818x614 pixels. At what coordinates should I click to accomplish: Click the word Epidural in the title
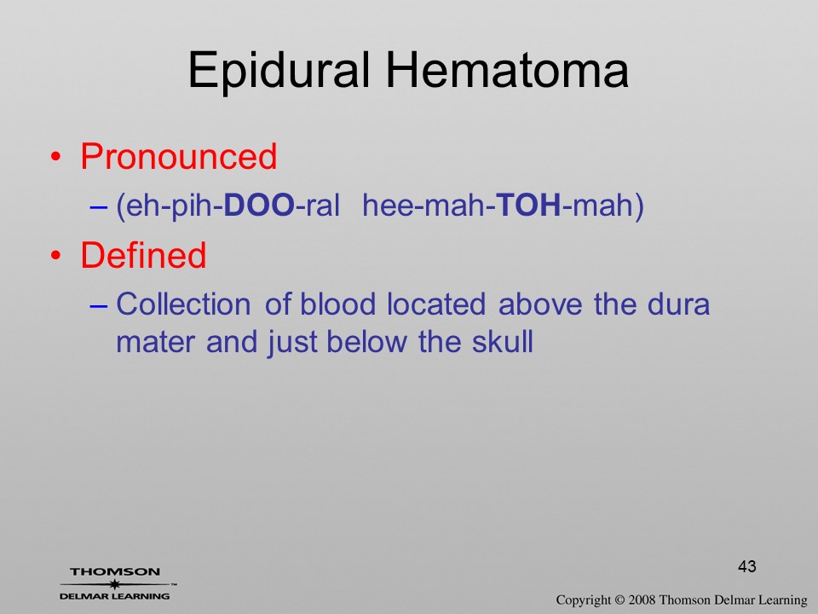tap(279, 71)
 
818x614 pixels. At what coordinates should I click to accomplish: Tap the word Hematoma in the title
tap(507, 69)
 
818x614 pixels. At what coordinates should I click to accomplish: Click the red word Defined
tap(143, 255)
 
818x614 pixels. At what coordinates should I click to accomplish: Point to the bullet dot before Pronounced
tap(56, 157)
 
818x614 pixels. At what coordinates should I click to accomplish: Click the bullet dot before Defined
tap(56, 255)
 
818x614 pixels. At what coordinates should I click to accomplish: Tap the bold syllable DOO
tap(259, 205)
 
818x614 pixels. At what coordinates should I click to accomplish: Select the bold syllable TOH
tap(528, 205)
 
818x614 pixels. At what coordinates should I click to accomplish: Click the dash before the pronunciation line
tap(99, 206)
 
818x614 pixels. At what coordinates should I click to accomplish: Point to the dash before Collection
tap(99, 305)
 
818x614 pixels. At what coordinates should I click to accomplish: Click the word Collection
tap(183, 304)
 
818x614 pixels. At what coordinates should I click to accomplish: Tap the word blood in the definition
tap(338, 304)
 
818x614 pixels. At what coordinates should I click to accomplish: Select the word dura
tap(678, 304)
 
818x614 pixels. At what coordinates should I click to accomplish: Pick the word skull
tap(503, 341)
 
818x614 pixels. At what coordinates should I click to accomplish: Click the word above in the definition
tap(540, 304)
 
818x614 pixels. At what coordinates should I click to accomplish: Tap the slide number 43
tap(747, 566)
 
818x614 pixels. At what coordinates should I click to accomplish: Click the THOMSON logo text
tap(115, 571)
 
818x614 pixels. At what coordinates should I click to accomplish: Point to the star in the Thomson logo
tap(115, 584)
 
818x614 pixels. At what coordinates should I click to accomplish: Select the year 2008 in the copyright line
tap(641, 600)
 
